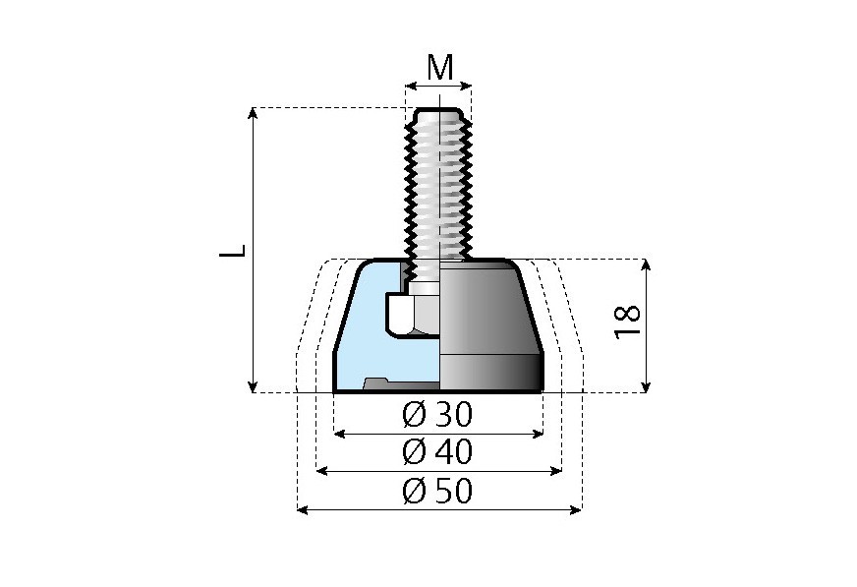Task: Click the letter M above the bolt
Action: tap(439, 68)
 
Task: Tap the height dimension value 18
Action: tap(626, 322)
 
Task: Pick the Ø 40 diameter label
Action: tap(437, 452)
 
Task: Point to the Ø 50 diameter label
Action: tap(437, 490)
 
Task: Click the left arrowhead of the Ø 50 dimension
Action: tap(301, 509)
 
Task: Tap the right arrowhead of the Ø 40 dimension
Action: tap(557, 471)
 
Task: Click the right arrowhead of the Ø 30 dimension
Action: tap(539, 433)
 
